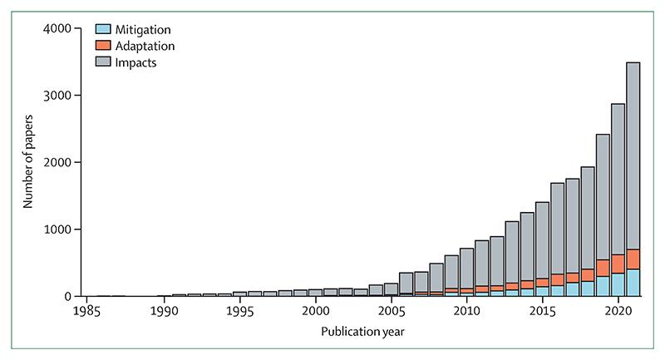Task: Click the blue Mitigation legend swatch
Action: click(x=104, y=30)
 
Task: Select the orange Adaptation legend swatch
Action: click(x=104, y=46)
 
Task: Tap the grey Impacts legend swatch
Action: click(x=104, y=62)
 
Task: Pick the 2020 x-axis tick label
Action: click(x=617, y=311)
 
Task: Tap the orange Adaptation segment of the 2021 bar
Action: click(x=632, y=259)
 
